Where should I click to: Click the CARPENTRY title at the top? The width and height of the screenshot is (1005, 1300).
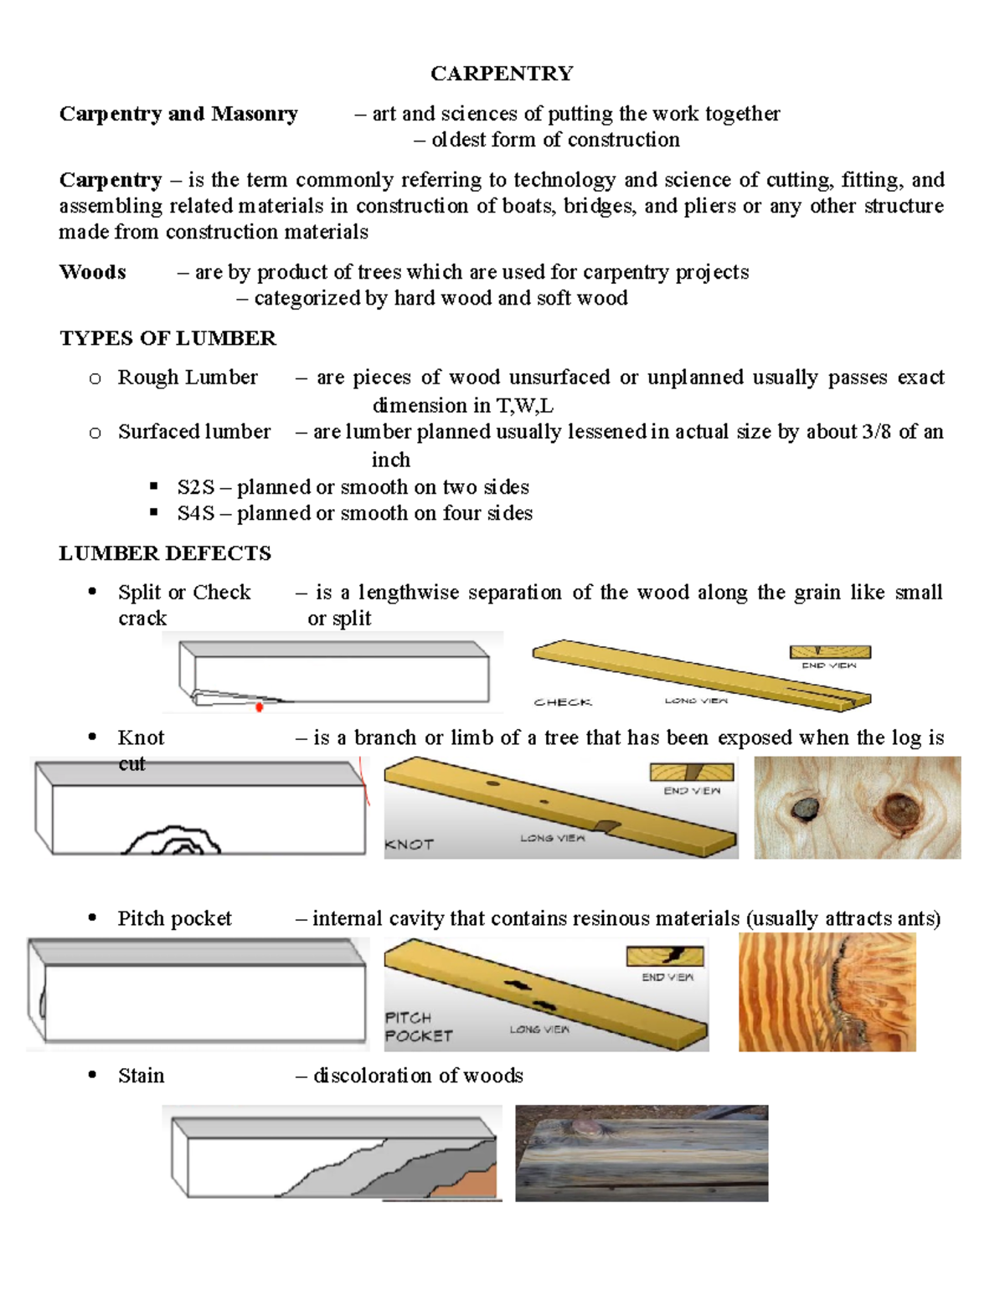502,74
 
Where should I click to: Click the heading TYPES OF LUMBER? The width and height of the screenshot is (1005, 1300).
167,338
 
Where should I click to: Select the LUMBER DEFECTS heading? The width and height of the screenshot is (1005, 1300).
165,553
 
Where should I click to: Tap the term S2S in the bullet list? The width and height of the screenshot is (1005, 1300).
195,487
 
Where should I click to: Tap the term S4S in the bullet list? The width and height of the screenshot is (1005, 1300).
195,513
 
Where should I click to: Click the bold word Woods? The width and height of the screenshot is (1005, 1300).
92,272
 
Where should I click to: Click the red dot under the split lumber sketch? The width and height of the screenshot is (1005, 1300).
260,707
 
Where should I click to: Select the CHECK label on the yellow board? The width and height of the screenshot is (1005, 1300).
563,702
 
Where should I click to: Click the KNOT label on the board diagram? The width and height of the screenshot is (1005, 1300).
409,845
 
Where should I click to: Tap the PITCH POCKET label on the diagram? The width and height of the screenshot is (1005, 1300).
418,1027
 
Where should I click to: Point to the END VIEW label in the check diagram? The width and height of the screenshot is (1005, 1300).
828,665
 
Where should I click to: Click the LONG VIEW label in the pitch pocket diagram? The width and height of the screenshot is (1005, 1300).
539,1030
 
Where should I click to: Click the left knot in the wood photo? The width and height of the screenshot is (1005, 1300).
806,808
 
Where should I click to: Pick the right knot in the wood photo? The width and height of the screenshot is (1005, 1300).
899,810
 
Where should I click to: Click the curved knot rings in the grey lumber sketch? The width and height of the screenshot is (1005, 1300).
173,840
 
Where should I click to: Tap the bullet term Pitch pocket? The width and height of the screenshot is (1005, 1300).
174,918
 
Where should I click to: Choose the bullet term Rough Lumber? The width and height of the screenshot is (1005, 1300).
188,378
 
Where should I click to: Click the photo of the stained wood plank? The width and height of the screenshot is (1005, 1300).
642,1154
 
